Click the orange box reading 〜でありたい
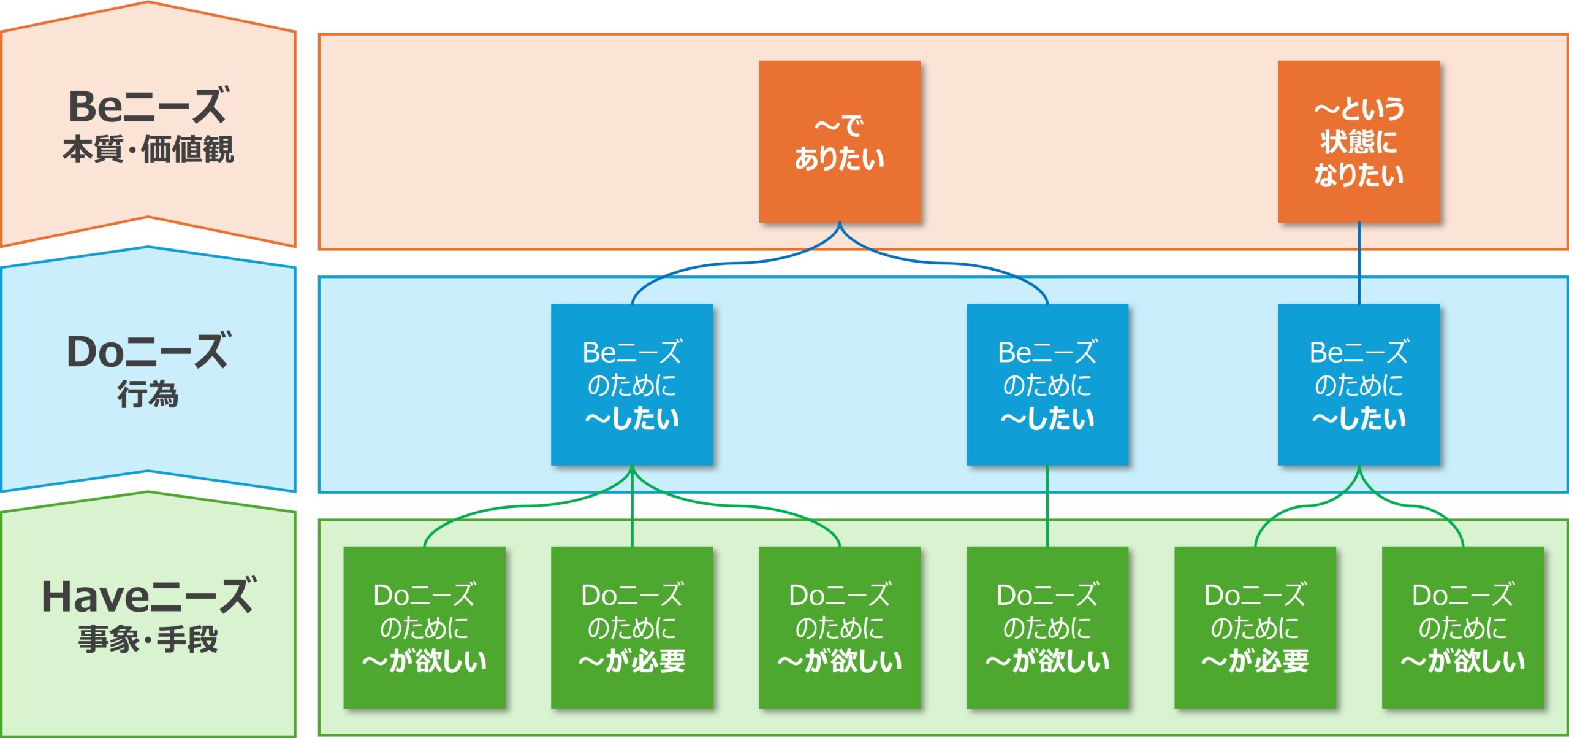pos(839,142)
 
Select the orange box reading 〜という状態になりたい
pos(1358,142)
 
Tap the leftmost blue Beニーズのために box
pos(632,385)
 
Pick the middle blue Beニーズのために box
pos(1047,385)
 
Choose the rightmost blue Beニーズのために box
pos(1358,385)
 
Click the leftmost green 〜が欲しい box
pos(424,627)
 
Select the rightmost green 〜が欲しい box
pos(1462,627)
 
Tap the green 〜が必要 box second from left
pos(632,627)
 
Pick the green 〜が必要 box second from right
pos(1255,627)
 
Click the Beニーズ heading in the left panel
pos(148,106)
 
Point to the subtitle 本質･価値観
pos(148,149)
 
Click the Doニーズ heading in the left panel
pos(148,352)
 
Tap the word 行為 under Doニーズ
pos(148,394)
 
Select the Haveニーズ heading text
pos(148,596)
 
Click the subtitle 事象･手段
pos(148,639)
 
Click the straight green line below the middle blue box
pos(1047,506)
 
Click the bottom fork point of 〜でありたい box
pos(839,226)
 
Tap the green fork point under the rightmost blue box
pos(1359,469)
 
